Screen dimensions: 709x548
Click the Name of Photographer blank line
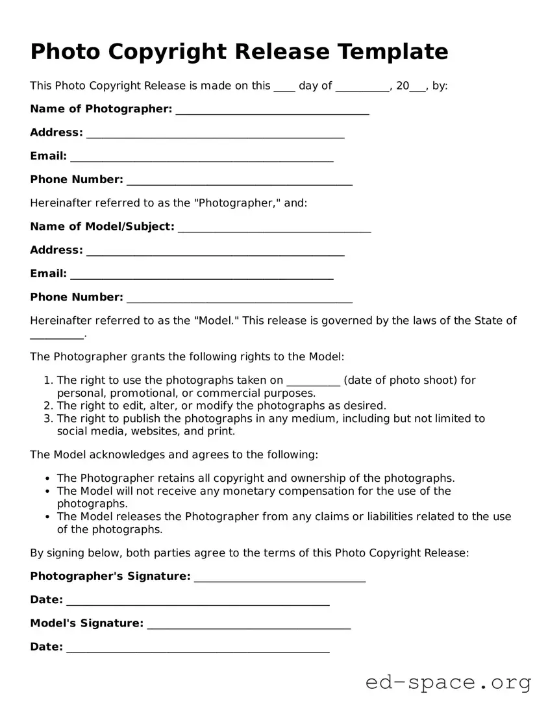click(272, 111)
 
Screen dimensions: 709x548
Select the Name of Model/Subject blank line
click(274, 229)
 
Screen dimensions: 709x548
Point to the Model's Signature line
click(249, 625)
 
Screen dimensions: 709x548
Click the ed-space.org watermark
click(448, 682)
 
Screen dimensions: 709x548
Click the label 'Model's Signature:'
click(86, 623)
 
